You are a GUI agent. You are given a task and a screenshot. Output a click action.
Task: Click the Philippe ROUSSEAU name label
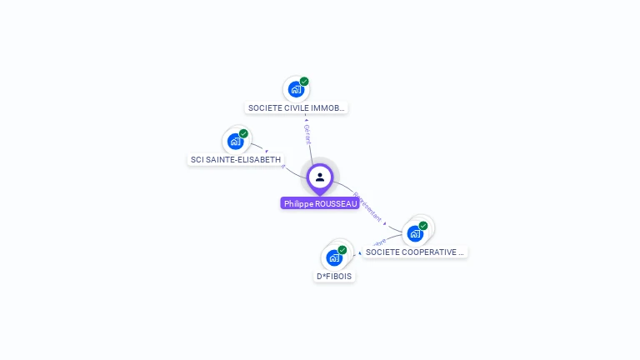click(320, 203)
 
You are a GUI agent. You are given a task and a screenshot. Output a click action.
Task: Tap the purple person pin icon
click(320, 177)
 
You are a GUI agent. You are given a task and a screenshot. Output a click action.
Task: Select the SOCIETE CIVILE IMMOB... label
click(296, 107)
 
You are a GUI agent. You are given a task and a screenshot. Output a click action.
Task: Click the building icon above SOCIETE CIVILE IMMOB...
click(295, 89)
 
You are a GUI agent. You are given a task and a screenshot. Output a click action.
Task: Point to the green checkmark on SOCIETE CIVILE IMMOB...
click(304, 82)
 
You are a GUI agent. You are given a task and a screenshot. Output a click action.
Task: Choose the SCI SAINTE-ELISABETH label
click(236, 159)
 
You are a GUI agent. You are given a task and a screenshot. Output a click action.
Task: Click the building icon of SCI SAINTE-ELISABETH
click(235, 141)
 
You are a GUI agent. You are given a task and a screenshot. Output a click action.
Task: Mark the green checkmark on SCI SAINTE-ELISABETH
click(243, 133)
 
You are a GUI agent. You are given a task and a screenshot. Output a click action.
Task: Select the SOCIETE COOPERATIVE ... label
click(414, 252)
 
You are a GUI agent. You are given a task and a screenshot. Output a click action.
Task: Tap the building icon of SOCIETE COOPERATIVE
click(415, 233)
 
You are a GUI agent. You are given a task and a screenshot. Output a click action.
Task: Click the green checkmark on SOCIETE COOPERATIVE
click(423, 226)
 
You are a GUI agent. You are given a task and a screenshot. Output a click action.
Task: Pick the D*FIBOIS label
click(334, 276)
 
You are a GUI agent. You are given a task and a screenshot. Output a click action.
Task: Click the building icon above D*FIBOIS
click(334, 257)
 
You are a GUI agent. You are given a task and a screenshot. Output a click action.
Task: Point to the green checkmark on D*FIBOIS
click(342, 250)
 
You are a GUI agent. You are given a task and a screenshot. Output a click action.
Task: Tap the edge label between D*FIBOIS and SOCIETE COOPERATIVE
click(376, 244)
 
